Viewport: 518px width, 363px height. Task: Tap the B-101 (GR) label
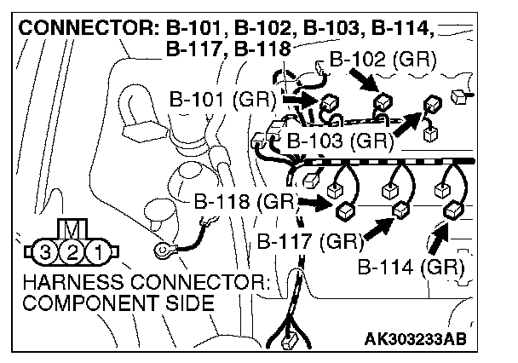pos(222,99)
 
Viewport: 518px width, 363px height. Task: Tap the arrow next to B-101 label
pos(298,101)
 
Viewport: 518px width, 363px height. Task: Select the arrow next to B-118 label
pos(314,203)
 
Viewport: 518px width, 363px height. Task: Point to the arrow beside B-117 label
pos(378,226)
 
